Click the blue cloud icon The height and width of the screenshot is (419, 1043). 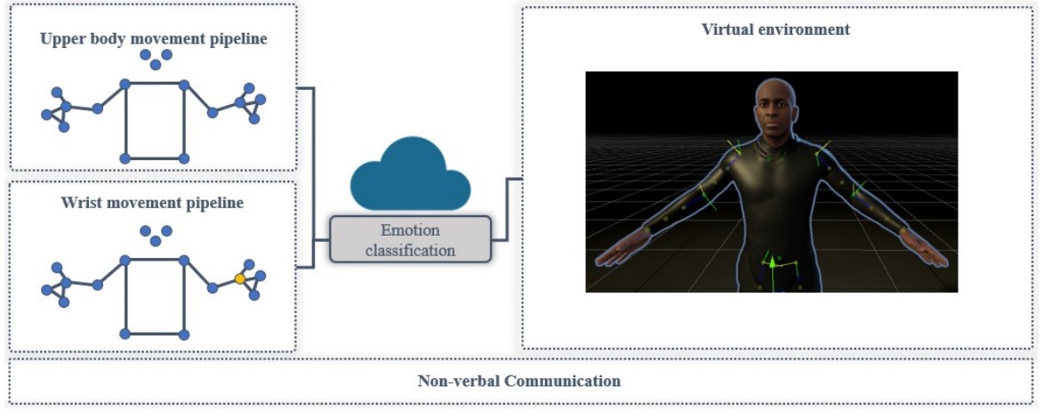[410, 181]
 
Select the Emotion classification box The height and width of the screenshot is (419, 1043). [410, 239]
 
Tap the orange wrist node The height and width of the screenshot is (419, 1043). [239, 279]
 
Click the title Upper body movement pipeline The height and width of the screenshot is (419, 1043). [154, 39]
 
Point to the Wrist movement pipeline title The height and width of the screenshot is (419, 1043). [152, 203]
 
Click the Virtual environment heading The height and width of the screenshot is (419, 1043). [775, 29]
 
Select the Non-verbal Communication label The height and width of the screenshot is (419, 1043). [518, 381]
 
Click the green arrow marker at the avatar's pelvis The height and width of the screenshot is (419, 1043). [772, 263]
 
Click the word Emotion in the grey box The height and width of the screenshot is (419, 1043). [411, 231]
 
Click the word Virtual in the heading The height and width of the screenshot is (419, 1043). [724, 29]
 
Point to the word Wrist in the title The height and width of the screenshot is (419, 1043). [81, 203]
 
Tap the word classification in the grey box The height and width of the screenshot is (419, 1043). [410, 250]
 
